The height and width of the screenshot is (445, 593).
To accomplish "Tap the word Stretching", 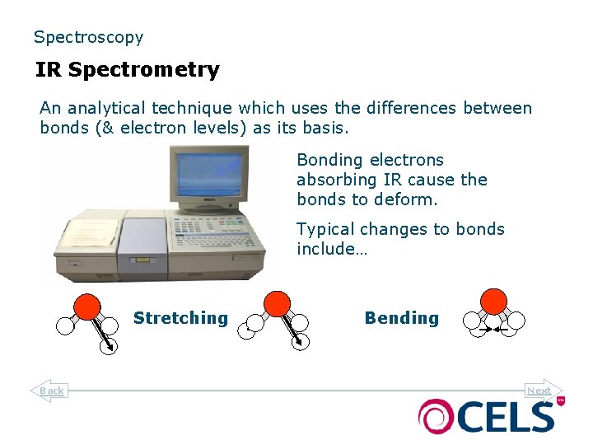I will (x=180, y=318).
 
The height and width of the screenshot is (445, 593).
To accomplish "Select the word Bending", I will (x=402, y=318).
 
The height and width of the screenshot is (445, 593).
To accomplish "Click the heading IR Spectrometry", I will (x=127, y=70).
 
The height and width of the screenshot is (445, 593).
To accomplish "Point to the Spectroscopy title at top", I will (x=88, y=37).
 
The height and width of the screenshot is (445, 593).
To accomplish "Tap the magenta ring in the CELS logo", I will (x=434, y=416).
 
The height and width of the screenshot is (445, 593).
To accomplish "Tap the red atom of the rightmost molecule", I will (x=493, y=301).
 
